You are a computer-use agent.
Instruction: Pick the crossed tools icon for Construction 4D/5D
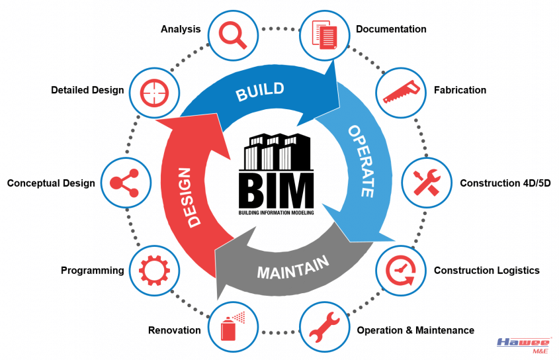[427, 183]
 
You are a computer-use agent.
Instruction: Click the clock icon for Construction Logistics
[400, 270]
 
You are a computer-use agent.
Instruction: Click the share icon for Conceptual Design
[125, 183]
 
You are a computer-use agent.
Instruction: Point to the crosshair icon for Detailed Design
[153, 91]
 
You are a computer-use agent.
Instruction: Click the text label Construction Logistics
[486, 270]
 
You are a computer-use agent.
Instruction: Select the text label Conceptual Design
[51, 183]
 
